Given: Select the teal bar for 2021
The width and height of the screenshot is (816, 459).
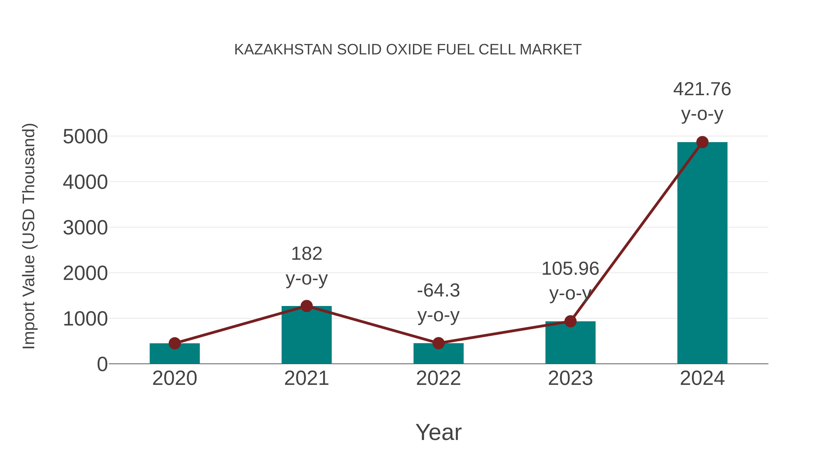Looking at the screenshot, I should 306,336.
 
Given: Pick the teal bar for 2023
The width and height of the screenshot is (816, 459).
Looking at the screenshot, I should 570,344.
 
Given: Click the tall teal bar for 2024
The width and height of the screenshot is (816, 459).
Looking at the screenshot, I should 702,253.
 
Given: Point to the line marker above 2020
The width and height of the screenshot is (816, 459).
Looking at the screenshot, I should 175,343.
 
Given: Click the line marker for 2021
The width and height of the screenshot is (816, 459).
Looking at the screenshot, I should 306,306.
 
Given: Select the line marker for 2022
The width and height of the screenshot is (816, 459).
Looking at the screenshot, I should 438,343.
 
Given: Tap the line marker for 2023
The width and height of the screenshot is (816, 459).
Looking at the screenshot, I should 570,321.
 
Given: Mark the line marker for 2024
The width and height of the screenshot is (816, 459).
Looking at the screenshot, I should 702,142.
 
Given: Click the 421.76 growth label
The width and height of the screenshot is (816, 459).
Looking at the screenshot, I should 702,89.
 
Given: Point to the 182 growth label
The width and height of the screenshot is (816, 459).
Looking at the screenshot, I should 306,254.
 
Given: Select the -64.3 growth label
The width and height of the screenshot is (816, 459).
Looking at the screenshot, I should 438,291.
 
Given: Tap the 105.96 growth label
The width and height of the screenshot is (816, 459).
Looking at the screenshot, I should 570,269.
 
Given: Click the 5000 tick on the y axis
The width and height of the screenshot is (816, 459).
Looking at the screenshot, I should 85,137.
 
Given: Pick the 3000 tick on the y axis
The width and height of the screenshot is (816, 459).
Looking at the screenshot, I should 85,228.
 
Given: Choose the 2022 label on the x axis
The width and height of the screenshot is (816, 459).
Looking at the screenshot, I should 438,378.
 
